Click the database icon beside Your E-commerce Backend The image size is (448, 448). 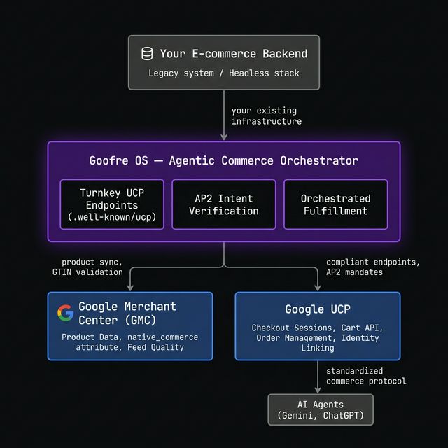[x=147, y=54]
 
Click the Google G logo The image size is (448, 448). [x=66, y=313]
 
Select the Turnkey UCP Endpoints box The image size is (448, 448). [x=112, y=204]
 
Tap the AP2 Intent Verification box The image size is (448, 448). [x=223, y=204]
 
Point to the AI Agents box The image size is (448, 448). [x=321, y=409]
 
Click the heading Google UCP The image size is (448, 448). [x=318, y=309]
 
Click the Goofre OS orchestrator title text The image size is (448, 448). [x=223, y=161]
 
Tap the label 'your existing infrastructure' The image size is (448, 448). [x=266, y=116]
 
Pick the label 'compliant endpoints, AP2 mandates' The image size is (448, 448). [x=372, y=267]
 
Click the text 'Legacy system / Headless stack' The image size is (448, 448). [x=223, y=73]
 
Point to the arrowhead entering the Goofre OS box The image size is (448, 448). [x=224, y=138]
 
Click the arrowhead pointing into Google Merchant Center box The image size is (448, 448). [x=129, y=288]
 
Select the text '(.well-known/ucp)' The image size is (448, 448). [x=112, y=216]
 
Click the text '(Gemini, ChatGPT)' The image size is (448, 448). [x=321, y=416]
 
